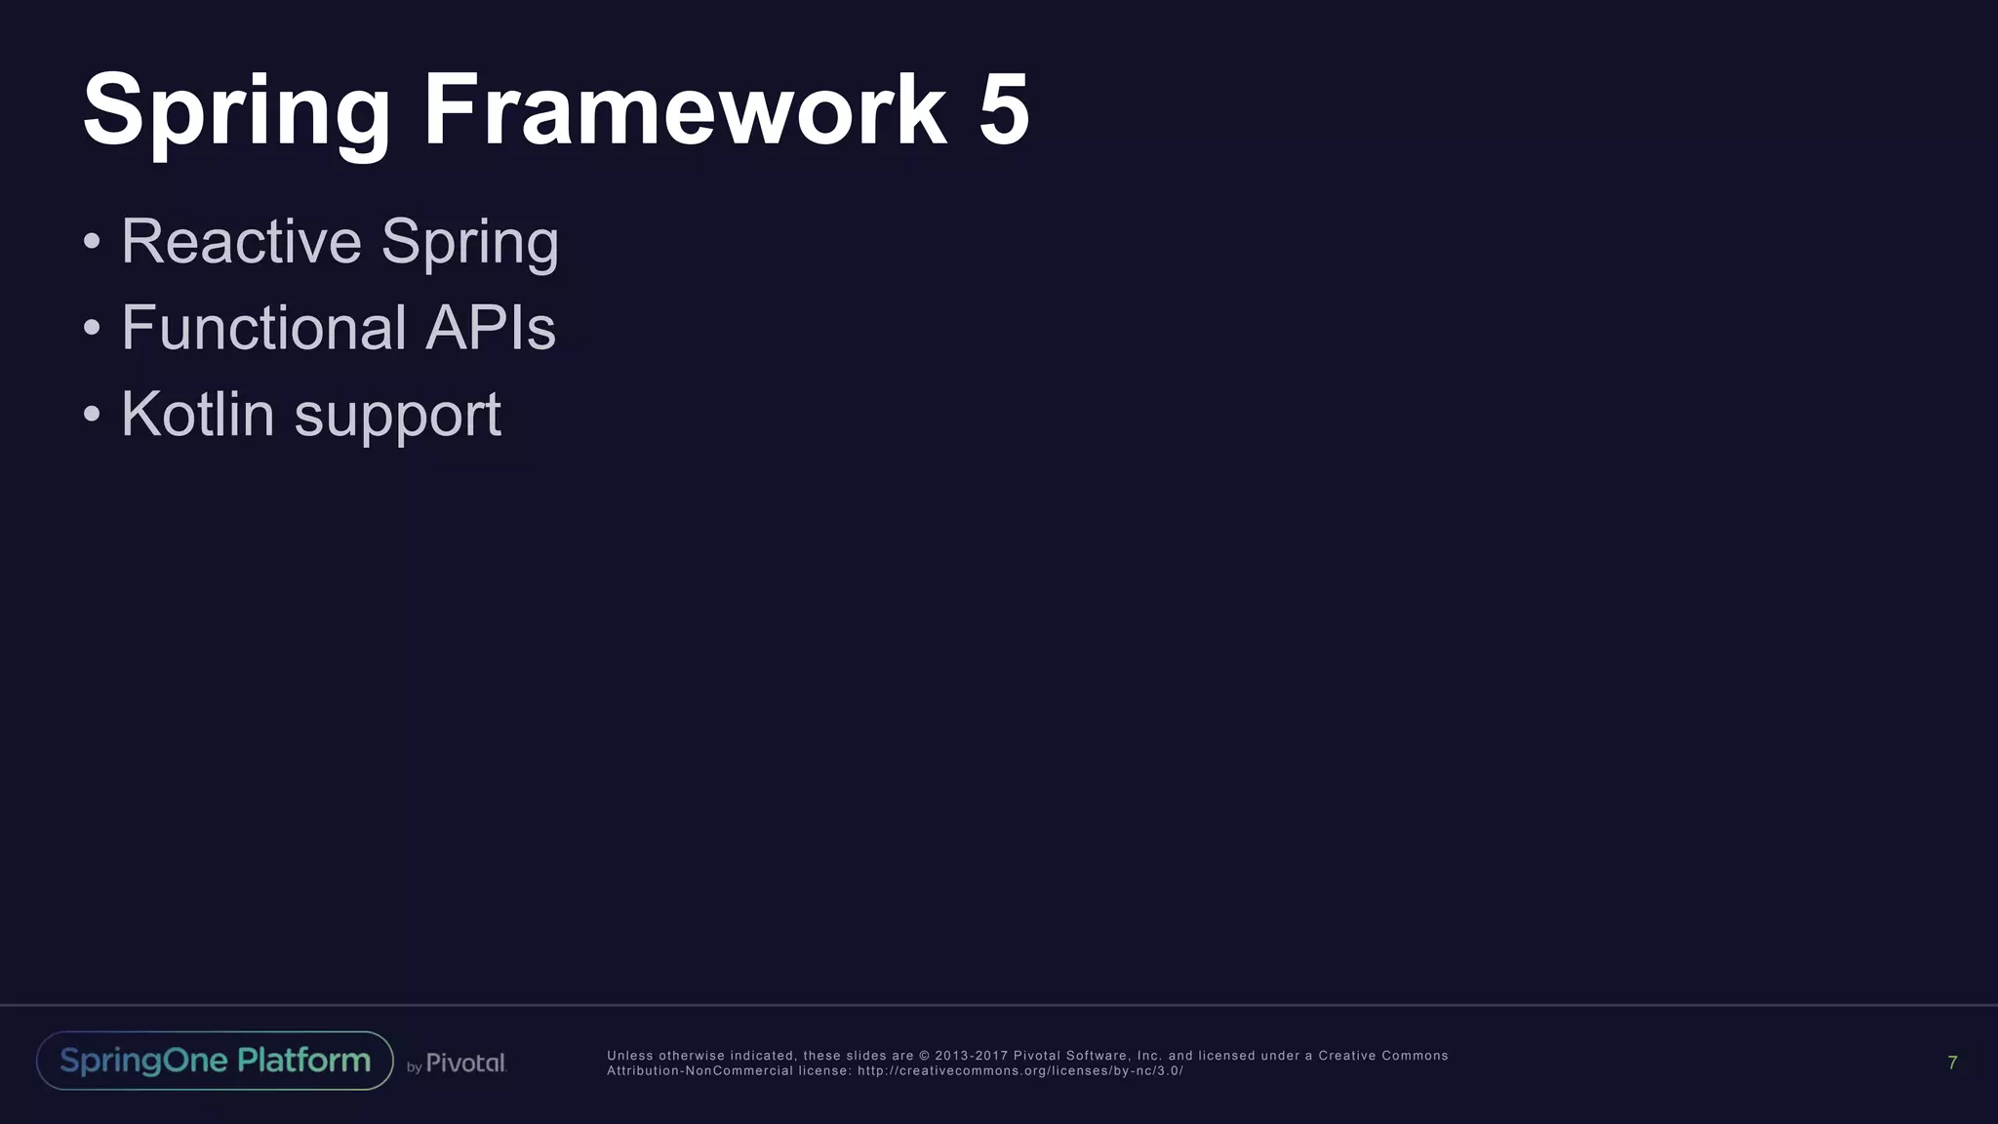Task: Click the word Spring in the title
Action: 236,111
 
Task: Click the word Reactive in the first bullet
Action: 241,241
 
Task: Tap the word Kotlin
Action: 198,414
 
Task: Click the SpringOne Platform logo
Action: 215,1061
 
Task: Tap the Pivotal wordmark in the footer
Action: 466,1064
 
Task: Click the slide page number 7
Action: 1952,1063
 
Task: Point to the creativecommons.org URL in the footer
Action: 1019,1071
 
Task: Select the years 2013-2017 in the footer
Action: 972,1056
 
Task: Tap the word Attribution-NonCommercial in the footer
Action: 700,1071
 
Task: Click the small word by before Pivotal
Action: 415,1067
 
